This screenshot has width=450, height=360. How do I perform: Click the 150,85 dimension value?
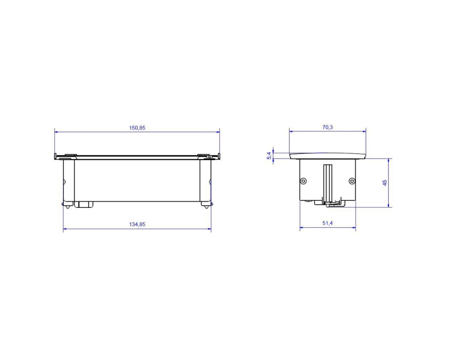(137, 128)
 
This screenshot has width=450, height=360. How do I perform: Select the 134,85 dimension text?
(137, 224)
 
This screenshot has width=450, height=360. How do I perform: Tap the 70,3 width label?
(328, 127)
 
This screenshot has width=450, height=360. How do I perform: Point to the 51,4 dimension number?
(328, 223)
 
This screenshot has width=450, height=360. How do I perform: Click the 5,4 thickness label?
(269, 156)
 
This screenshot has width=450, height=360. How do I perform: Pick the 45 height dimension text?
(385, 183)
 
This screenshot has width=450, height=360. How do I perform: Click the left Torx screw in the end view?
(304, 181)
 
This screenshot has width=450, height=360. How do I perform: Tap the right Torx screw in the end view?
(352, 181)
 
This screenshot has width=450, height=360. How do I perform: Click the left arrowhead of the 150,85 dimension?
(57, 132)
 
